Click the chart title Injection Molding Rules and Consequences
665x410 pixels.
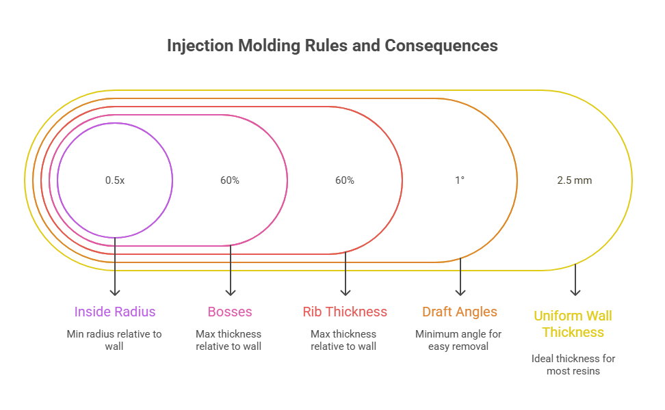(332, 46)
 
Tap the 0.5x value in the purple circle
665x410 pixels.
(115, 180)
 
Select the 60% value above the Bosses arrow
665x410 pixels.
(229, 180)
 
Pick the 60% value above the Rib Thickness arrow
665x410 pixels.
(344, 180)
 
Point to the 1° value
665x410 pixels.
(460, 180)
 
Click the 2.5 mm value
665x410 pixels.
(574, 180)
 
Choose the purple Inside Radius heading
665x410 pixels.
(115, 312)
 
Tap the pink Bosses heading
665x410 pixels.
(230, 312)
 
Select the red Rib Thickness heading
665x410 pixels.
(345, 312)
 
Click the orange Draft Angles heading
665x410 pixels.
(460, 312)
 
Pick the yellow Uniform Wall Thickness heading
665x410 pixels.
(573, 324)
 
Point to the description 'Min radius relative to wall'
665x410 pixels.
(115, 340)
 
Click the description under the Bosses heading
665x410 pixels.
(229, 340)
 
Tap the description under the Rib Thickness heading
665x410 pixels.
(344, 340)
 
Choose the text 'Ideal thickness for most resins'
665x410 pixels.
(573, 364)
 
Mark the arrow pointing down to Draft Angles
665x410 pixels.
(460, 280)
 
